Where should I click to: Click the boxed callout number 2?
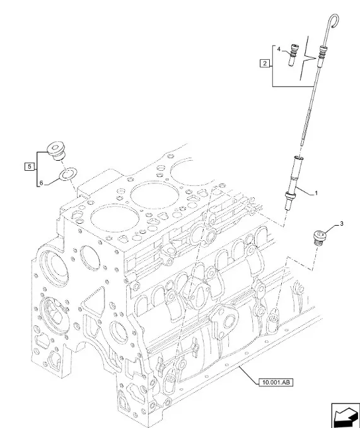tap(265, 63)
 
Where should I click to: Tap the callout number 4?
tap(279, 49)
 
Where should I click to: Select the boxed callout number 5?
tap(30, 166)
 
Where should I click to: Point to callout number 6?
tap(41, 183)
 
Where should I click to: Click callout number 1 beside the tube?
tap(316, 193)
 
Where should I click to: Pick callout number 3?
tap(342, 224)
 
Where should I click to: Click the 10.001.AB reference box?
tap(276, 383)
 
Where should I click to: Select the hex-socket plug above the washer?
tap(56, 151)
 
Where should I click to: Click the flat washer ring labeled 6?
tap(69, 174)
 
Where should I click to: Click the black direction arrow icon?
tap(345, 415)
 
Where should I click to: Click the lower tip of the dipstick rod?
tap(302, 145)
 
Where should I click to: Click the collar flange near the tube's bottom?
tap(290, 195)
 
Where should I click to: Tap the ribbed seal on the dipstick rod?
tap(322, 53)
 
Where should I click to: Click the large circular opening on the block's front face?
tap(90, 258)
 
